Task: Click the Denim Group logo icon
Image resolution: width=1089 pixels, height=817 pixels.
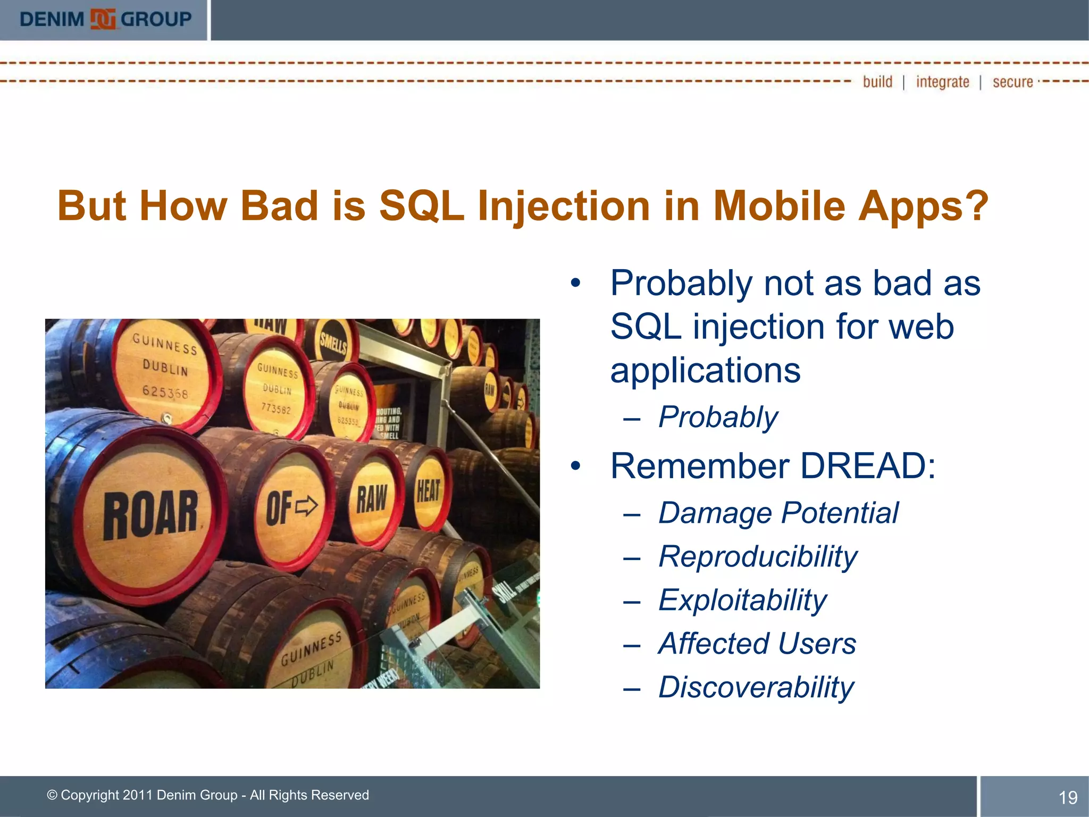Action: [x=103, y=19]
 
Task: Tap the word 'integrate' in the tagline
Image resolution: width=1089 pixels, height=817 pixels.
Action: [x=942, y=82]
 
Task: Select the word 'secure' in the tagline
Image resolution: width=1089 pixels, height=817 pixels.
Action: [x=1012, y=82]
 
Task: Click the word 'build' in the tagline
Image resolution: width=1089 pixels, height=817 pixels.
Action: [x=877, y=82]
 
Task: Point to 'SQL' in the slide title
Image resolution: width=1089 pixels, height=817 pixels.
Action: [x=422, y=206]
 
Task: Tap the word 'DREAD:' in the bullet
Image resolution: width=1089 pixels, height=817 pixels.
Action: [x=867, y=466]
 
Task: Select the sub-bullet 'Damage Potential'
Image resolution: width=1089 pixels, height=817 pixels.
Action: [x=778, y=513]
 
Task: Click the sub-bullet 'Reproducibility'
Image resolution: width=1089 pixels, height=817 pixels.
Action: [x=758, y=557]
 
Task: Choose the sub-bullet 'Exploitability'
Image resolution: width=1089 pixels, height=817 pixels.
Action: [x=742, y=601]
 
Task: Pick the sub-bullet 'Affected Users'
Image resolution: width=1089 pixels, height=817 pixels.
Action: [x=757, y=644]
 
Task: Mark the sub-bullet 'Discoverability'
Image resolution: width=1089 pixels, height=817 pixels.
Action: [x=756, y=687]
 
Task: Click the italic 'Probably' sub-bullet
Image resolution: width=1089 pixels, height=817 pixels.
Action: [x=718, y=417]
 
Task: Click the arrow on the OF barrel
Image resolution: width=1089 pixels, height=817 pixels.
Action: [x=306, y=505]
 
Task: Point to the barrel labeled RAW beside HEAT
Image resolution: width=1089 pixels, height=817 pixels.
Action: [x=372, y=499]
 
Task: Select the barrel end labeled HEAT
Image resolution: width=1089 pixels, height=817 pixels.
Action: [x=429, y=490]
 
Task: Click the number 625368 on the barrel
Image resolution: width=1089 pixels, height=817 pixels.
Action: [x=165, y=392]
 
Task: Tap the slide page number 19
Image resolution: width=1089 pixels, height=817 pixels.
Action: [x=1068, y=797]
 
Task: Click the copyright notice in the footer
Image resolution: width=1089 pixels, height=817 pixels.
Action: [x=208, y=795]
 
